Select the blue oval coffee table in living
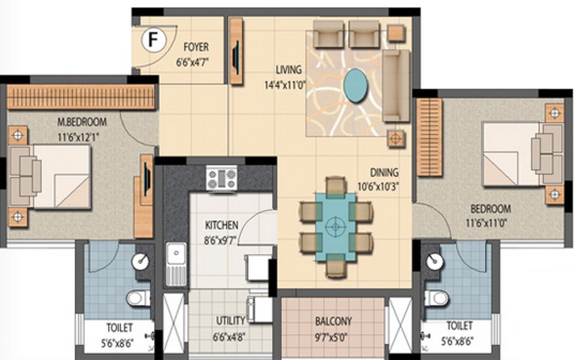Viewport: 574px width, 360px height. click(x=358, y=85)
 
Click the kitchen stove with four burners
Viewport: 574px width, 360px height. click(x=222, y=178)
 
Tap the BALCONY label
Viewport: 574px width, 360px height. click(x=333, y=320)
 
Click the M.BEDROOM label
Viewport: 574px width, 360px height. click(x=81, y=122)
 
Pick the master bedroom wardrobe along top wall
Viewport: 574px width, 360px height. click(x=80, y=96)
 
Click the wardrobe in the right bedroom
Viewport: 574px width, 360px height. click(x=428, y=137)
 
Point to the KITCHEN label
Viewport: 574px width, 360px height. click(x=222, y=225)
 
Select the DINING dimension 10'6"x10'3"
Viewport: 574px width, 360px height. click(x=377, y=185)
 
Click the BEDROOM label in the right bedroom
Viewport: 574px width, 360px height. click(x=490, y=209)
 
